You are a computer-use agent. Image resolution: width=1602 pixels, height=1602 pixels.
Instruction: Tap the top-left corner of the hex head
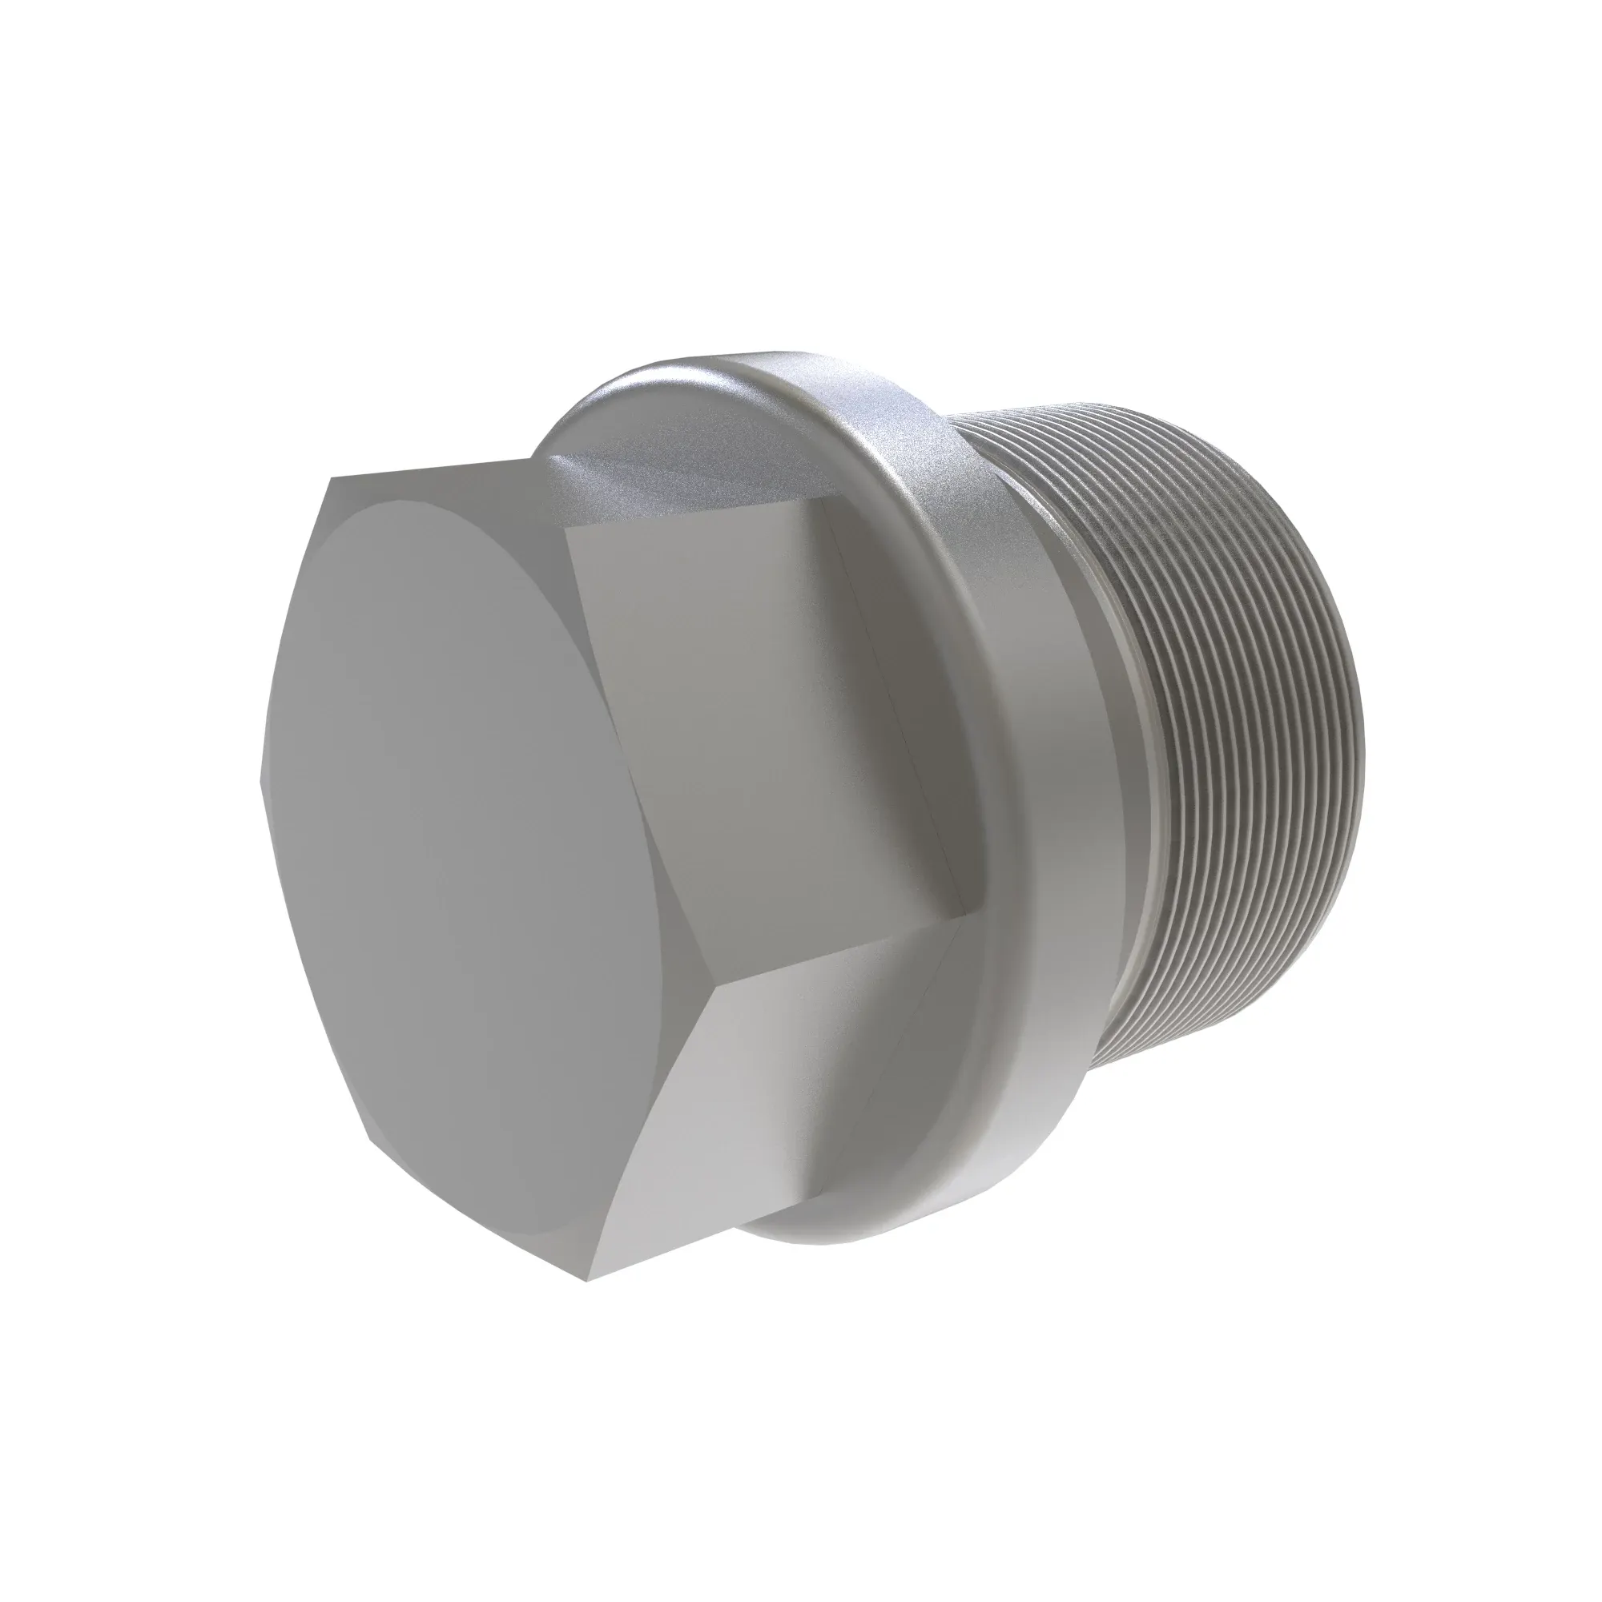point(330,479)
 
